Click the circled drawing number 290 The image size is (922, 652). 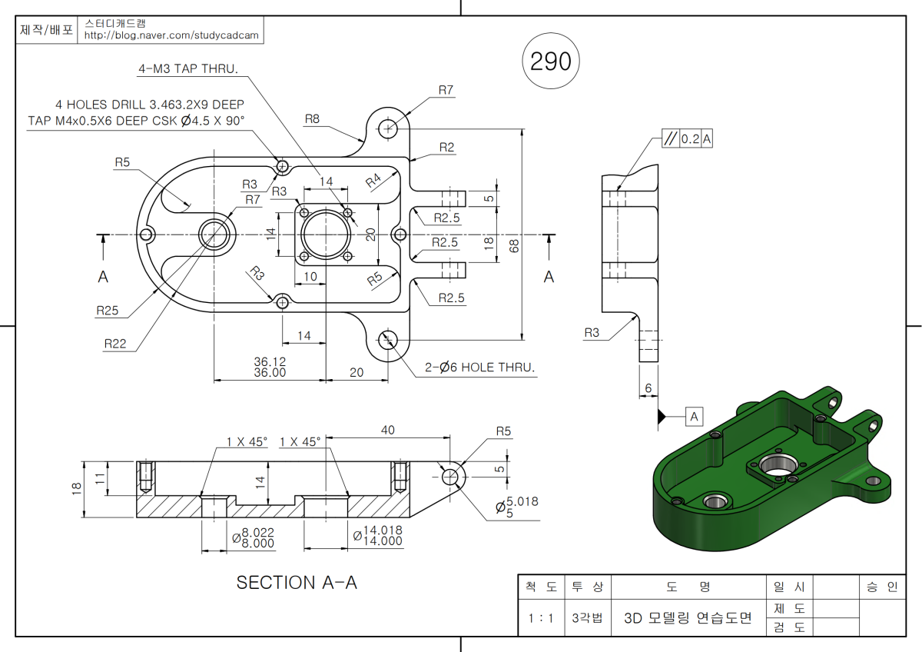click(551, 62)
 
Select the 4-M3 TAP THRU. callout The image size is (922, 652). click(188, 68)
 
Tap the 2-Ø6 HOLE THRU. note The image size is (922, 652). click(480, 368)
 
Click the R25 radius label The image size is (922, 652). click(108, 311)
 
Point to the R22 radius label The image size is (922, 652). click(115, 344)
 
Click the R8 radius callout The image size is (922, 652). click(312, 118)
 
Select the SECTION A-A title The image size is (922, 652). click(297, 583)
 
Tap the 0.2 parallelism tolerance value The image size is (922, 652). click(690, 138)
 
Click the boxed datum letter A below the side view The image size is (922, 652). click(695, 417)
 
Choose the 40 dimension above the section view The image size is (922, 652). click(388, 431)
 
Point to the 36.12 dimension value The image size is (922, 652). click(270, 361)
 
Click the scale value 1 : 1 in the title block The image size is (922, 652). click(541, 618)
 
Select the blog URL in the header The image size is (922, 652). click(171, 35)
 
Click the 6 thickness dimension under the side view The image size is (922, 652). click(648, 389)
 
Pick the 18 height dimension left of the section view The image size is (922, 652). click(76, 489)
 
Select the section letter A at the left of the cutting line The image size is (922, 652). click(103, 278)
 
